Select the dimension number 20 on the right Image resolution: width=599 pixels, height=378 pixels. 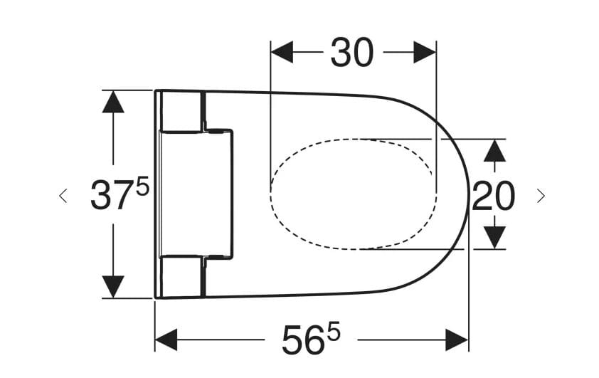[x=493, y=196]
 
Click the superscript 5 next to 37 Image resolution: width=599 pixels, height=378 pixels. [x=142, y=187]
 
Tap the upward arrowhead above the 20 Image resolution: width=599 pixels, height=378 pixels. [x=495, y=150]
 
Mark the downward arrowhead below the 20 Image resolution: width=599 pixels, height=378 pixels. [x=495, y=237]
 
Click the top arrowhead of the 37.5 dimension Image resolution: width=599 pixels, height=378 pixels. [x=113, y=102]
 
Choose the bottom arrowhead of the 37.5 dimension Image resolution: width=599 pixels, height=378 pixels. [x=113, y=286]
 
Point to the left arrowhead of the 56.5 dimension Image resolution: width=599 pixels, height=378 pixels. [x=166, y=340]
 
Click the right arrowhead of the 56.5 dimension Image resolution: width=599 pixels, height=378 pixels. [x=457, y=340]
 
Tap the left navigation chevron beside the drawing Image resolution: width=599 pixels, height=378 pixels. [x=63, y=195]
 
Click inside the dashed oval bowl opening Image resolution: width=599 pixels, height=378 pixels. [x=352, y=194]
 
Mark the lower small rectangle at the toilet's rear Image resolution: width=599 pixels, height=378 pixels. [x=182, y=276]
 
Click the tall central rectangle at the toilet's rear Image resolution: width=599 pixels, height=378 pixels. [x=196, y=194]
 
